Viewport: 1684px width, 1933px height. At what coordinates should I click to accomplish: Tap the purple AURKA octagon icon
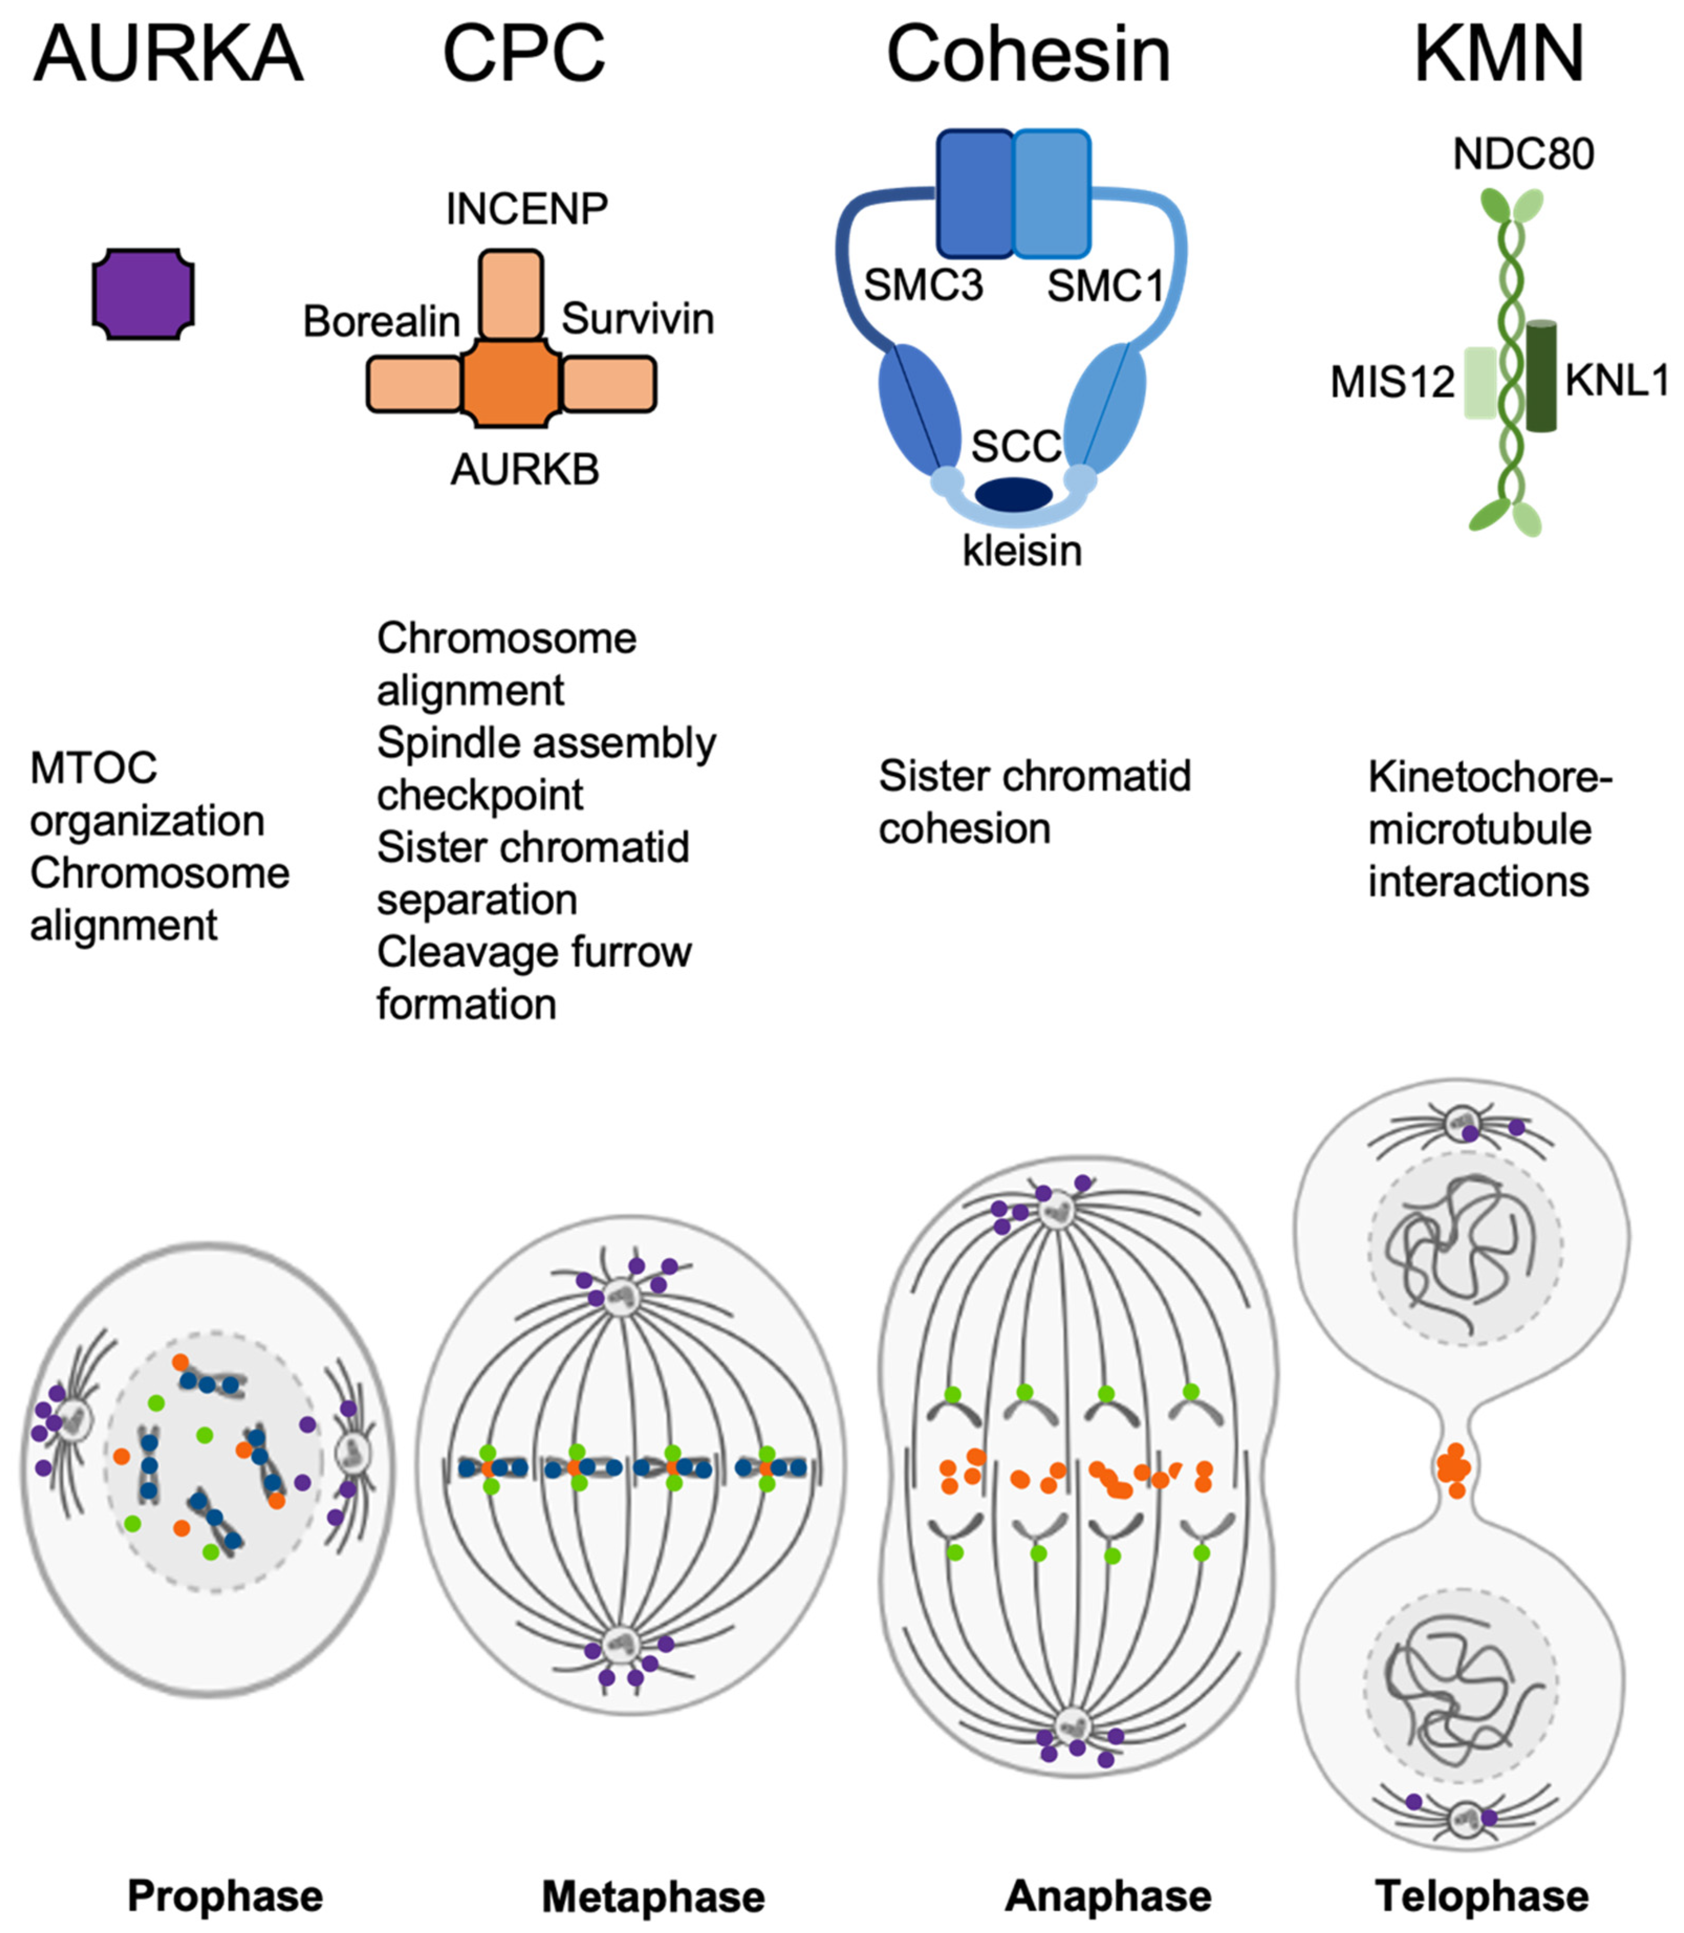143,294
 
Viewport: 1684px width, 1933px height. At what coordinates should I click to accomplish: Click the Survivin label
637,320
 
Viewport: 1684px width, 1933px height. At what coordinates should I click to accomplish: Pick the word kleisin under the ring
1022,551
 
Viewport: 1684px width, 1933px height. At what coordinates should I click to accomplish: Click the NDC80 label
1523,154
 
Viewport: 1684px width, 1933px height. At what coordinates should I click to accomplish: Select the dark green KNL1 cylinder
1541,376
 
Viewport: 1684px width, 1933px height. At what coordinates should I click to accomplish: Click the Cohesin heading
1028,55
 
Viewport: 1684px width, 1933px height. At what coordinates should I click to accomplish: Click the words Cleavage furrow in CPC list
534,952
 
